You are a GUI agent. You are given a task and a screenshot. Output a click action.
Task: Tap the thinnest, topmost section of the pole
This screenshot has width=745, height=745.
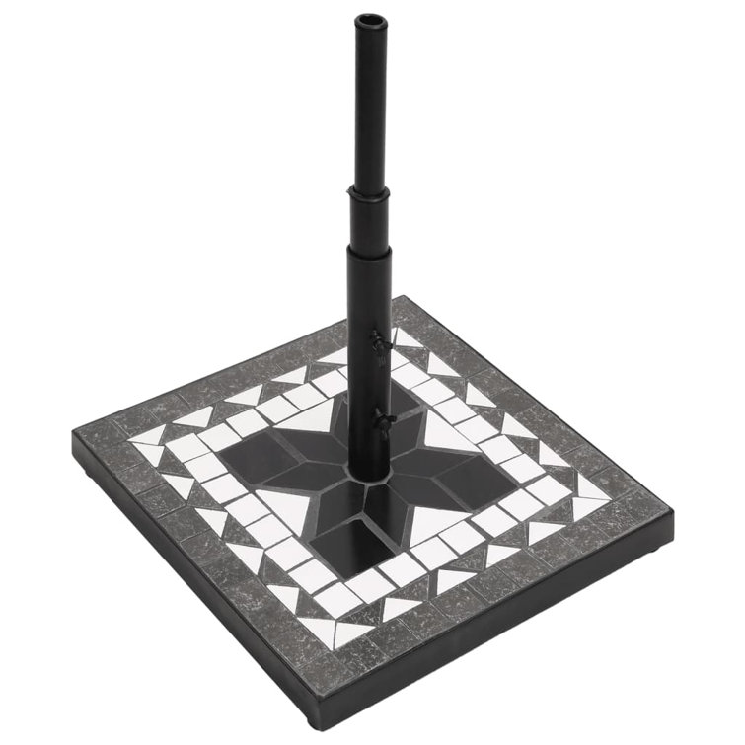[368, 99]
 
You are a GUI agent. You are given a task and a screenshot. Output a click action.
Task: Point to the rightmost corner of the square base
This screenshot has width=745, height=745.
[672, 513]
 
